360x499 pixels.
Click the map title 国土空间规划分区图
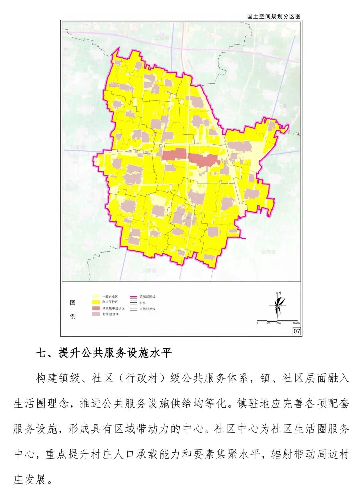coord(274,16)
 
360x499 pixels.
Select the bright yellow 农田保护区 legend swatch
coord(96,302)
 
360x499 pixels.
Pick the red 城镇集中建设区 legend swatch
coord(96,308)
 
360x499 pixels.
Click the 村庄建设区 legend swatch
coord(96,314)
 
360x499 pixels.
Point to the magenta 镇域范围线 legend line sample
coord(133,296)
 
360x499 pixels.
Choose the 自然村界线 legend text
coord(147,309)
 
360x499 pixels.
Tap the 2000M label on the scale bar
coord(296,323)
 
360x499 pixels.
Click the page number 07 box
coord(297,331)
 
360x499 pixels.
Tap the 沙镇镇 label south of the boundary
coord(148,270)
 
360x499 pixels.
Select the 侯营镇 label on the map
coord(269,252)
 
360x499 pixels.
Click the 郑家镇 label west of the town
coord(78,147)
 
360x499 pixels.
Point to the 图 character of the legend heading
coord(73,303)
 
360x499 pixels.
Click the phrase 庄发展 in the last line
coord(30,479)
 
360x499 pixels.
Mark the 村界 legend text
coord(142,303)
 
